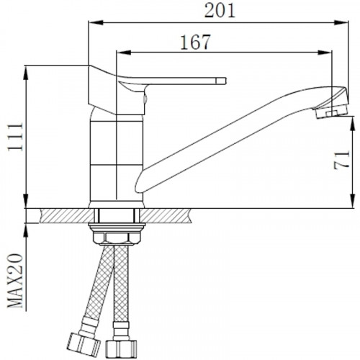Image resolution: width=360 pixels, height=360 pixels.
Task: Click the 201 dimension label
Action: tap(220, 11)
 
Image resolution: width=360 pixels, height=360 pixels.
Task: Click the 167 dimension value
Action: tap(195, 42)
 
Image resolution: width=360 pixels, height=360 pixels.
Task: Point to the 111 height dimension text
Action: tap(15, 137)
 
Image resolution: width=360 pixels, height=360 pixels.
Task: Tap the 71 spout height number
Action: tap(341, 160)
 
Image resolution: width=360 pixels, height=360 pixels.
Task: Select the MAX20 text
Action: tap(15, 280)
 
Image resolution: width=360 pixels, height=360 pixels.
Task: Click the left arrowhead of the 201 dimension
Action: tap(96, 23)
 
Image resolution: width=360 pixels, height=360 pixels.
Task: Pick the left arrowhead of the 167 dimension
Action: tap(123, 53)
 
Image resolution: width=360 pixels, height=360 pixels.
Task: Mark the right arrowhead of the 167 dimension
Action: tap(325, 53)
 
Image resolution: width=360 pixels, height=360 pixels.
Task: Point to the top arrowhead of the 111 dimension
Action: tap(26, 73)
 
